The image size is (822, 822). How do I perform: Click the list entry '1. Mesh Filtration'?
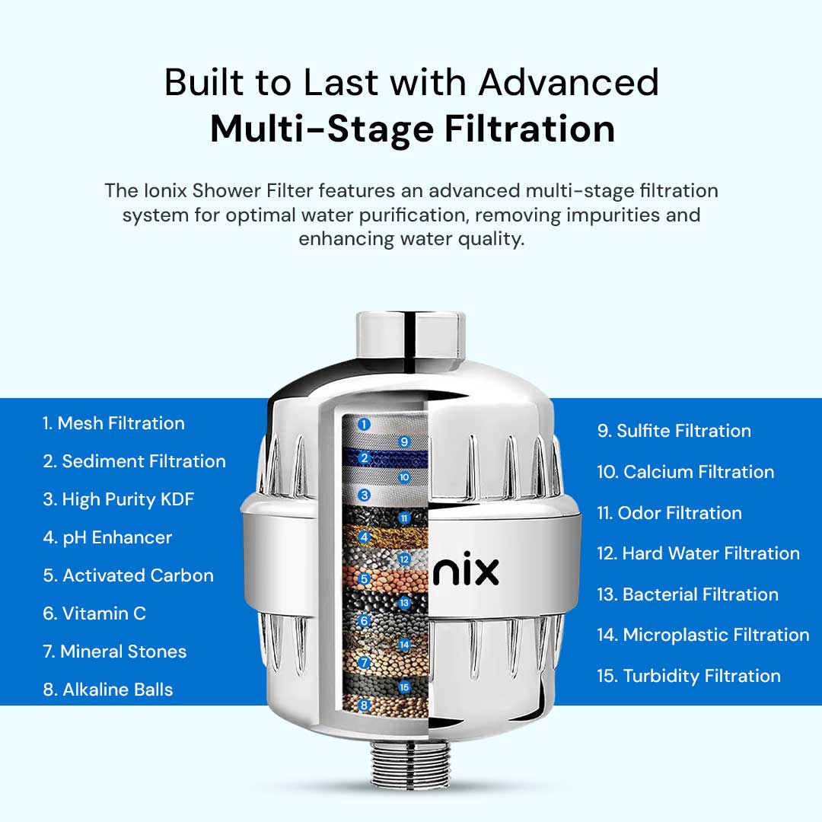[x=113, y=423]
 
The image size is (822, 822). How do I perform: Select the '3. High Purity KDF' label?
[x=119, y=499]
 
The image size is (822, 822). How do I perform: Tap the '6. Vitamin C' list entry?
[x=94, y=613]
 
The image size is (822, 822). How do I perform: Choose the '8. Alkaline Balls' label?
[x=108, y=690]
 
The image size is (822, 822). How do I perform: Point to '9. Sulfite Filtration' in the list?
[x=674, y=430]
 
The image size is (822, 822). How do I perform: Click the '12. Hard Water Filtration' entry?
[x=698, y=553]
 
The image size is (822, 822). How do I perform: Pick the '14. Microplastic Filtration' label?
[x=703, y=635]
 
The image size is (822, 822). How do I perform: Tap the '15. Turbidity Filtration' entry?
[x=689, y=676]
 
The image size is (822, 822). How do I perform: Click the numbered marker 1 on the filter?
[x=364, y=424]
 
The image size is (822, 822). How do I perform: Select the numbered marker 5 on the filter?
[x=365, y=578]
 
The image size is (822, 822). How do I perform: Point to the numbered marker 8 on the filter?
[x=365, y=705]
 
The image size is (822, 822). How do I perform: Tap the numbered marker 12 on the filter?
[x=403, y=559]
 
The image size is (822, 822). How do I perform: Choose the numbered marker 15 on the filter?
[x=404, y=687]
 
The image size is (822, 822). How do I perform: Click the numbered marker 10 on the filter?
[x=404, y=477]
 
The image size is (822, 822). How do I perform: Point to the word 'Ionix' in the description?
[x=165, y=190]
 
